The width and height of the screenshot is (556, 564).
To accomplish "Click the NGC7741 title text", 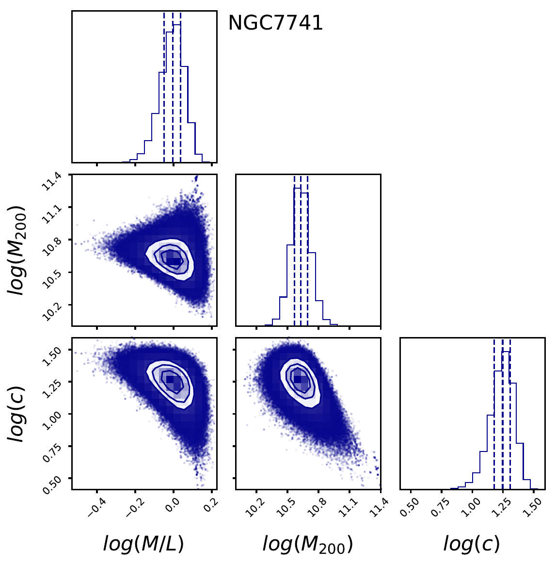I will coord(275,23).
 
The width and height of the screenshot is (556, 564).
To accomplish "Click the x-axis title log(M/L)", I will coord(143,544).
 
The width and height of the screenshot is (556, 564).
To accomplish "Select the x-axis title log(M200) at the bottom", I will coord(307,544).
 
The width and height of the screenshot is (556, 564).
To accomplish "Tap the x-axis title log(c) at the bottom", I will coord(471,544).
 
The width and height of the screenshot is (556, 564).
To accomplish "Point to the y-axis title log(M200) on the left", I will coord(17,250).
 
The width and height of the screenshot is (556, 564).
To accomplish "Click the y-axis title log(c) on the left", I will coord(17,414).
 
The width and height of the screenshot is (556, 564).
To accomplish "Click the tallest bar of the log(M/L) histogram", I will coord(177,92).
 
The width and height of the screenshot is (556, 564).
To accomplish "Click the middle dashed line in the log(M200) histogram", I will coord(301,252).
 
